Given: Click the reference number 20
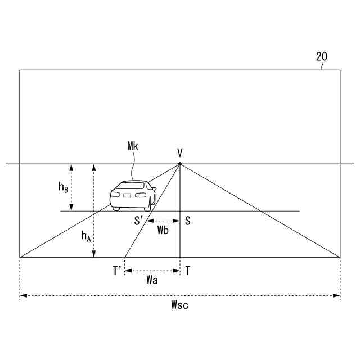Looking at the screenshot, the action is click(321, 56).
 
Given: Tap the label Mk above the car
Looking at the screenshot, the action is click(133, 146).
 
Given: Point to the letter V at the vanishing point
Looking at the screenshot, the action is click(179, 152).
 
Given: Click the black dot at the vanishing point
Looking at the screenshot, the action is click(179, 164).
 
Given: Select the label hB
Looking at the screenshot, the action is click(64, 188).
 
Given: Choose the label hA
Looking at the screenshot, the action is click(85, 237).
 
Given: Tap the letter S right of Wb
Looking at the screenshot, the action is click(187, 221).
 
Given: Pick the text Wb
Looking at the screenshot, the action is click(163, 231).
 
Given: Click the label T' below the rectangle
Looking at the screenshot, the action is click(116, 271).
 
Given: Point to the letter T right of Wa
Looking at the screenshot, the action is click(187, 271).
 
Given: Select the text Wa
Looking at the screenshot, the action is click(151, 281).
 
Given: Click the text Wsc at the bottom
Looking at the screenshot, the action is click(179, 305).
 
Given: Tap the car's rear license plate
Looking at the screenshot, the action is click(127, 195).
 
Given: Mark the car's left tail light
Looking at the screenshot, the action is click(115, 195).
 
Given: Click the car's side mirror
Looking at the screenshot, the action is click(154, 190).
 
